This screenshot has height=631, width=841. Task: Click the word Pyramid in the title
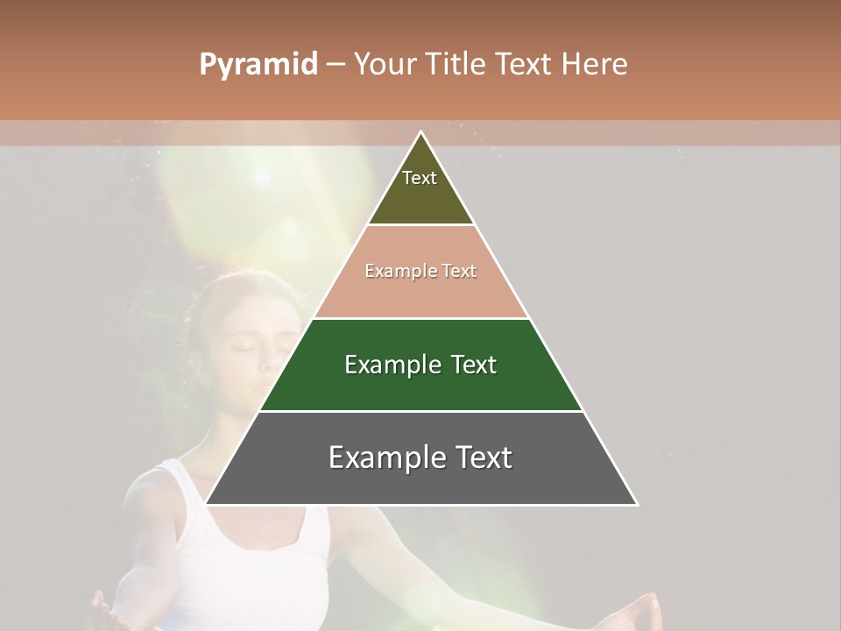click(258, 65)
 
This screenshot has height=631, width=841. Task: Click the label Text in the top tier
click(420, 178)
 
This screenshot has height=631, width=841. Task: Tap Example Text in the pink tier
click(420, 271)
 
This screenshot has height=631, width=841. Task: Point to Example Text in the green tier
click(420, 365)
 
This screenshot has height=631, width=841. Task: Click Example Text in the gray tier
click(420, 457)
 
